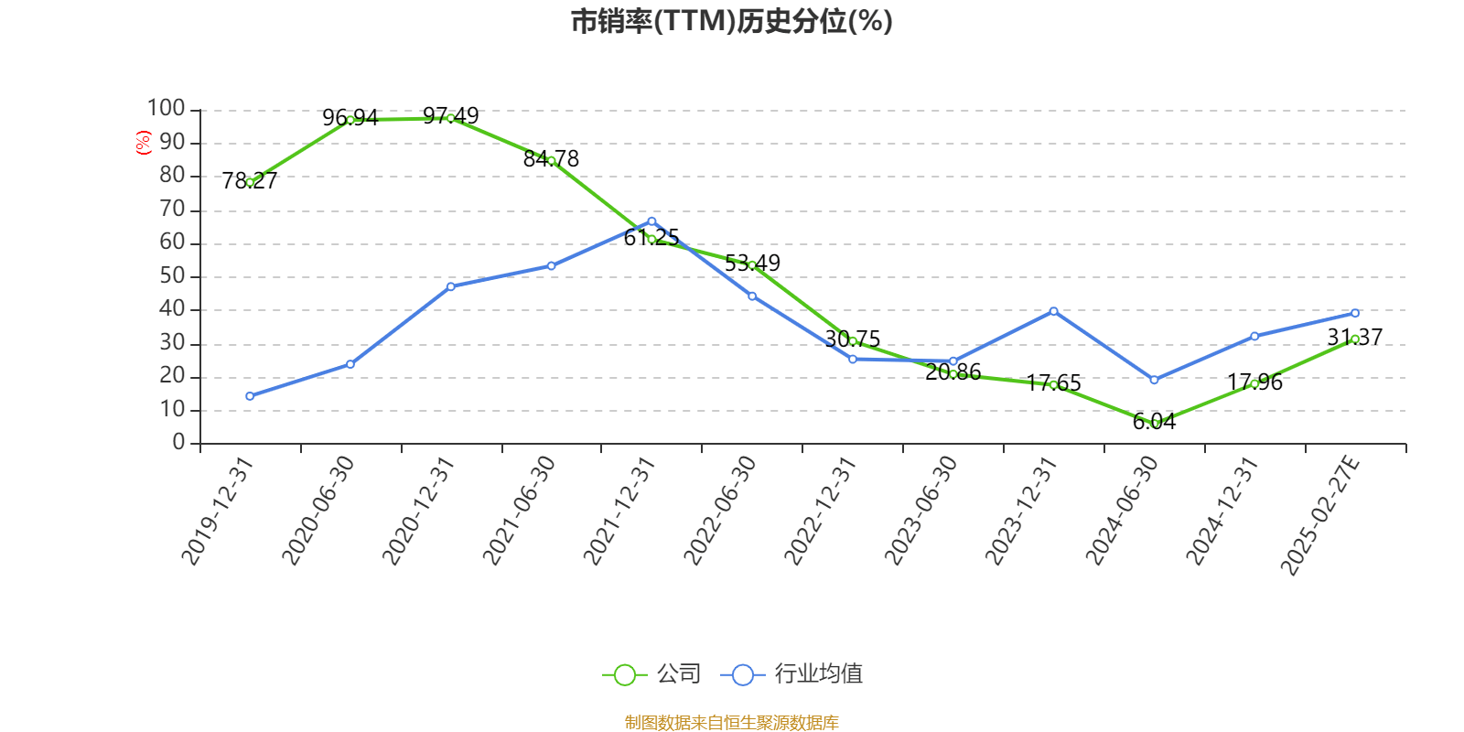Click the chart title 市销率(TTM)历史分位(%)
pyautogui.click(x=731, y=21)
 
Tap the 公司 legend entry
pyautogui.click(x=652, y=674)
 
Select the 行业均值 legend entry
pyautogui.click(x=792, y=674)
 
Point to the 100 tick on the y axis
pyautogui.click(x=167, y=109)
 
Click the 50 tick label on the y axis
pyautogui.click(x=172, y=276)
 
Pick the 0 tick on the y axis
pyautogui.click(x=178, y=443)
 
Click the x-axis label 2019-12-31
pyautogui.click(x=218, y=511)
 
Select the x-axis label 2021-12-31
pyautogui.click(x=619, y=511)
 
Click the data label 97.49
pyautogui.click(x=450, y=116)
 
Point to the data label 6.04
pyautogui.click(x=1154, y=422)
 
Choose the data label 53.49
pyautogui.click(x=752, y=264)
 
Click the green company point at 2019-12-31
pyautogui.click(x=250, y=182)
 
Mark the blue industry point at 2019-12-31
pyautogui.click(x=250, y=396)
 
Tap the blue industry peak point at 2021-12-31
pyautogui.click(x=651, y=221)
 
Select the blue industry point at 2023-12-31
pyautogui.click(x=1054, y=311)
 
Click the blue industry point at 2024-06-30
pyautogui.click(x=1154, y=380)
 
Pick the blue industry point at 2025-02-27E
pyautogui.click(x=1355, y=313)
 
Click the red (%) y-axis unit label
pyautogui.click(x=143, y=143)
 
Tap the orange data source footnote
pyautogui.click(x=731, y=723)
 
